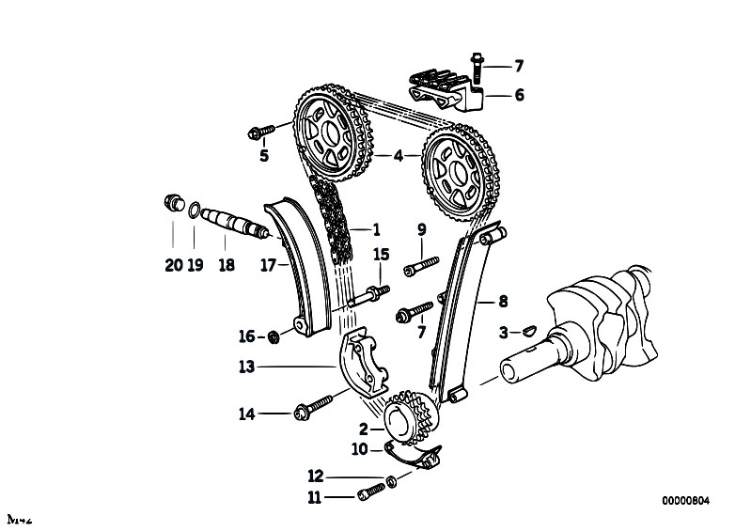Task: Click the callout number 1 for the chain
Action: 376,228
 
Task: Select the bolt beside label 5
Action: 261,130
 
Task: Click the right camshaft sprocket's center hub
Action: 456,175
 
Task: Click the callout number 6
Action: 519,95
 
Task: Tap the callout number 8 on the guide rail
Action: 503,302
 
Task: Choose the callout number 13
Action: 246,367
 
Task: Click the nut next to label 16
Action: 274,336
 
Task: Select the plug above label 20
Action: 172,202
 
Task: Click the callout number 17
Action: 268,266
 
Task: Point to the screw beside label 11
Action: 373,488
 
